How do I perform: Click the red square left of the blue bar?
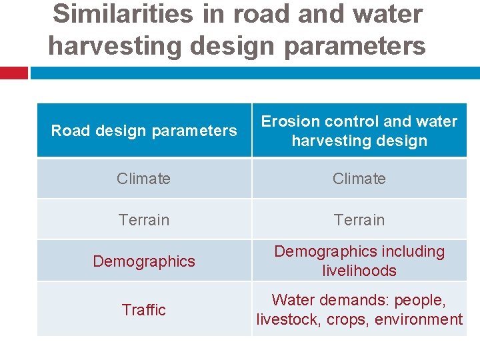(13, 73)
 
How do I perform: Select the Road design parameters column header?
(144, 131)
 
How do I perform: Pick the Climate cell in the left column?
(144, 179)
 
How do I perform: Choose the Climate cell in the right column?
(359, 179)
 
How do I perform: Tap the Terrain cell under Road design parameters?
(144, 220)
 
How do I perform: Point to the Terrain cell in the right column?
(359, 220)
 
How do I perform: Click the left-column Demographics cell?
(144, 261)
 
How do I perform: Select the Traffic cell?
(144, 310)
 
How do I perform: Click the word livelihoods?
(359, 271)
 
